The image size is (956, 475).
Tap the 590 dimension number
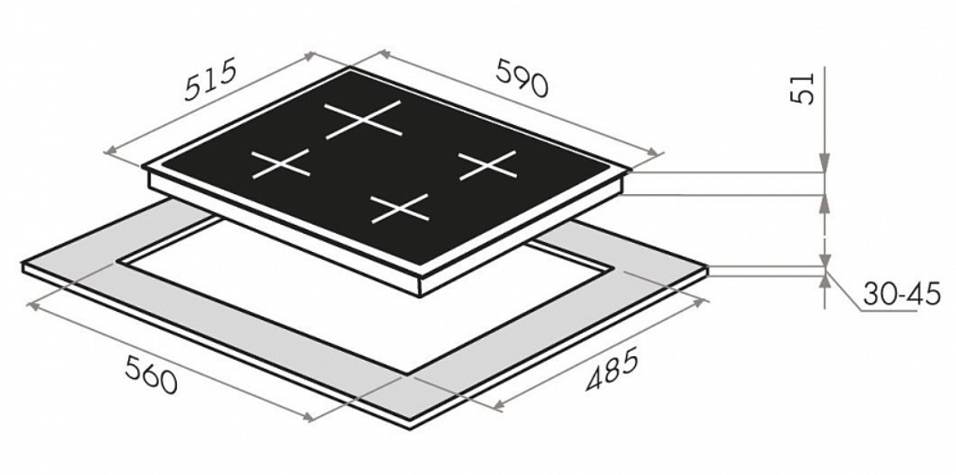tap(522, 79)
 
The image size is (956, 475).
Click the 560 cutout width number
tap(151, 373)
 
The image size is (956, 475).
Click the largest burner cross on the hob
tap(364, 120)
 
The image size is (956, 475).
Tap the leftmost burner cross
tap(281, 164)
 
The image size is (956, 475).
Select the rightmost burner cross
tap(488, 165)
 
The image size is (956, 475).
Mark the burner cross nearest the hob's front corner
tap(400, 208)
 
